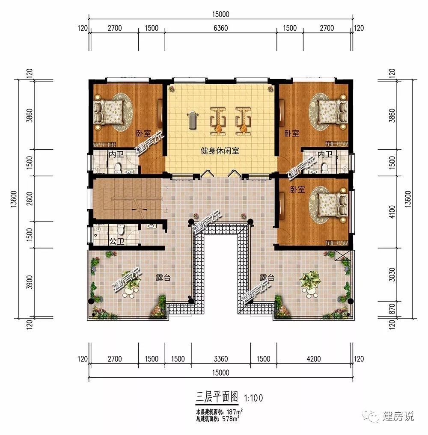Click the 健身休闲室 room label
[x=220, y=151]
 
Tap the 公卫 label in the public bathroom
[x=116, y=241]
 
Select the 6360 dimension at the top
[x=221, y=28]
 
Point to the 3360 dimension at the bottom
[x=221, y=359]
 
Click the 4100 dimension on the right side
[x=392, y=212]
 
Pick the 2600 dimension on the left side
[x=30, y=198]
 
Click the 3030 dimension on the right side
[x=392, y=274]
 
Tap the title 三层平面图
[x=217, y=397]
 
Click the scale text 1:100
[x=253, y=398]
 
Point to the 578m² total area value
[x=231, y=419]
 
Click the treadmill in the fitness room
[x=192, y=120]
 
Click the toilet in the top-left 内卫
[x=118, y=168]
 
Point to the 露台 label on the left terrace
[x=163, y=278]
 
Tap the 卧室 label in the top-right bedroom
[x=292, y=133]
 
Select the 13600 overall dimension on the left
[x=14, y=198]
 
